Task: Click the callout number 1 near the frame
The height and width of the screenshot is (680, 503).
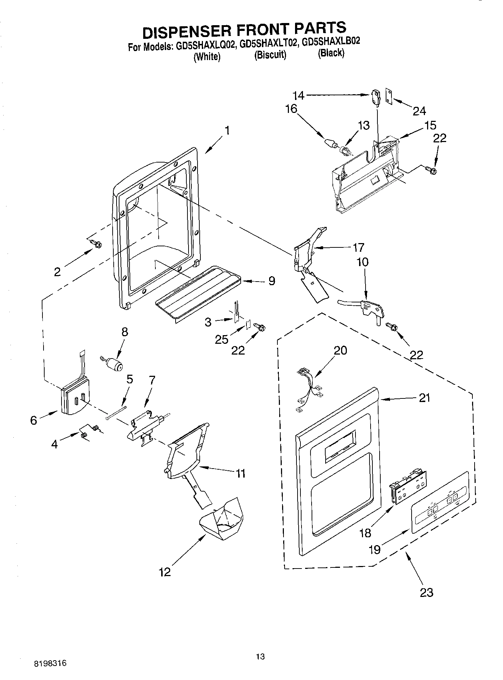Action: [227, 131]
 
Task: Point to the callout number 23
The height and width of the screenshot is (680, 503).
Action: [426, 592]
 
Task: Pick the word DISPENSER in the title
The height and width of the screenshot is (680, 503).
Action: [187, 31]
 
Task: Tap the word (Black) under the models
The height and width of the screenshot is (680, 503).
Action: [331, 53]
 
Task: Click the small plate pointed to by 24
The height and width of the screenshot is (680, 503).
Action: [389, 96]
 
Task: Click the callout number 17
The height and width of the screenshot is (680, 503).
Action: [359, 247]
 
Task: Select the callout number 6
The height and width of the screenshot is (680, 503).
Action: [33, 420]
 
